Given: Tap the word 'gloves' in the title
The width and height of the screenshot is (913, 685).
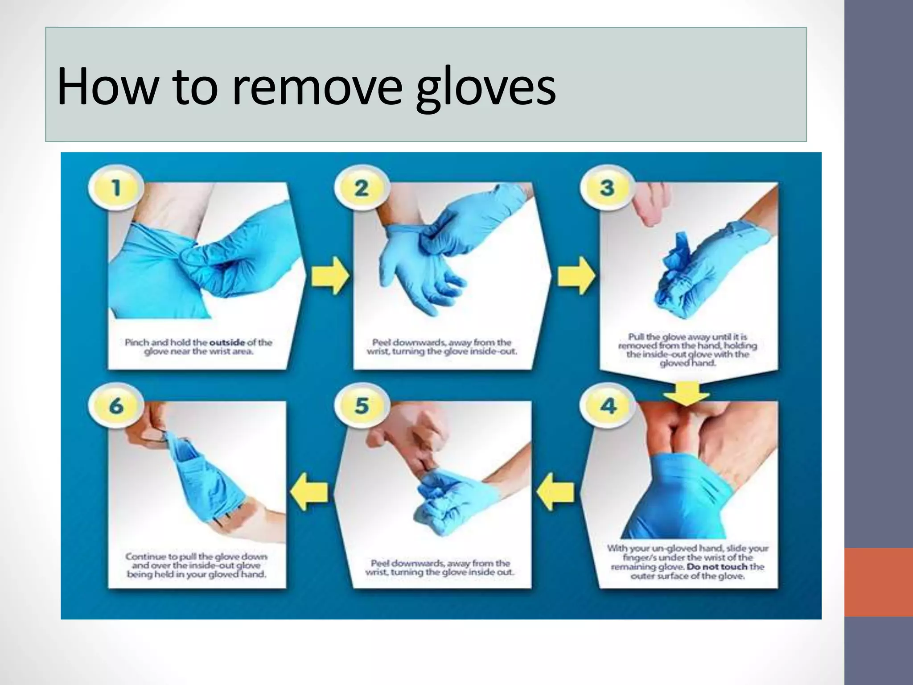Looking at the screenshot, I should coord(485,87).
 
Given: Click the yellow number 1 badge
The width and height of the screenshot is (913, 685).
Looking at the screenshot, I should coord(116,188).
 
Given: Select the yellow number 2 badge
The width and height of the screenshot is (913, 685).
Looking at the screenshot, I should coord(362,188).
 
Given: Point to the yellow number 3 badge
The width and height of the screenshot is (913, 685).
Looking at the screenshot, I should coord(607,188).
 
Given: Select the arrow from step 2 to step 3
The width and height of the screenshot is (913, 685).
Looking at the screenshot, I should coord(576,275).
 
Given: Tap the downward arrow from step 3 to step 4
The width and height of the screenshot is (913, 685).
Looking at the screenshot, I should coord(686,392).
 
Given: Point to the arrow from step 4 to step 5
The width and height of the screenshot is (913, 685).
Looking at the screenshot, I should coord(555,491).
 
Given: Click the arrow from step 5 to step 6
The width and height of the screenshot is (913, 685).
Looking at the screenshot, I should coord(309,491).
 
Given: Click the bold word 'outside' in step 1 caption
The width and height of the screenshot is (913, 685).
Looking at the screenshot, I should coord(227,342).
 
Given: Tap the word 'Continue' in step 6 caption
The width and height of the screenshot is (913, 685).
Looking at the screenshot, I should coord(145,557).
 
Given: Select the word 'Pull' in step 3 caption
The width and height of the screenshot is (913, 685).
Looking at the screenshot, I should coord(637,337).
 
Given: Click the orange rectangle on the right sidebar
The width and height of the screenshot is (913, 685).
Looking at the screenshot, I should coord(879,582).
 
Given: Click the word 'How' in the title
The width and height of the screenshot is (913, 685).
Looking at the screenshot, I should coord(107,87).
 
